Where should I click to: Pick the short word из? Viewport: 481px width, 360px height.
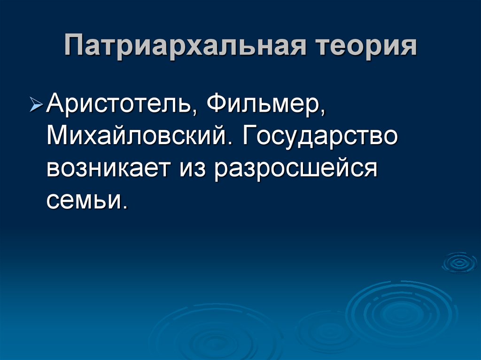[x=192, y=167]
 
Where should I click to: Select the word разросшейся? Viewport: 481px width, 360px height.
[x=296, y=167]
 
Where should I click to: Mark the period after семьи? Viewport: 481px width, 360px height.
[x=125, y=207]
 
